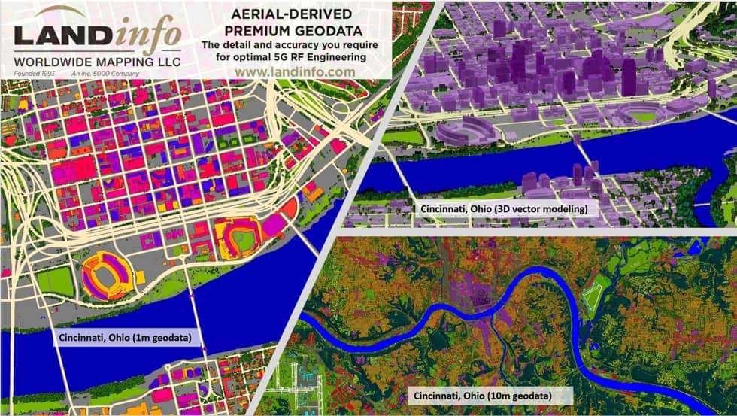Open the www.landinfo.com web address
tap(295, 71)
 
